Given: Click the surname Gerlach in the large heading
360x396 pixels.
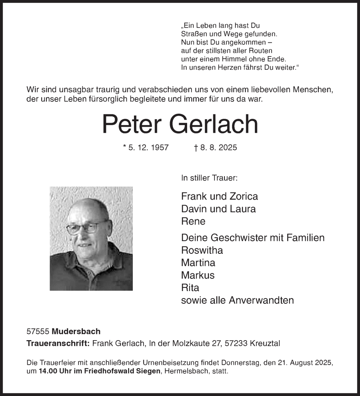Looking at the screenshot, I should coord(214,124).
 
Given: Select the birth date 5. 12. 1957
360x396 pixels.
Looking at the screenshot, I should coord(148,148).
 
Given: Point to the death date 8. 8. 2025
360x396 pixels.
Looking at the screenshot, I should coord(218,148).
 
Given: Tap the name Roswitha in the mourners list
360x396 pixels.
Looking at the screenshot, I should coord(202,250).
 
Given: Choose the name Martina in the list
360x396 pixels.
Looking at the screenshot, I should coord(198,263).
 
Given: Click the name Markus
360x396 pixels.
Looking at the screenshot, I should coord(197,275).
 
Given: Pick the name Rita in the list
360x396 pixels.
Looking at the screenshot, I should coord(190,287).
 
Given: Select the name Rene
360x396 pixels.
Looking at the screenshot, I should coord(193,221).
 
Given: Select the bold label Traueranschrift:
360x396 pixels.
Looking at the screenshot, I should coord(58,343).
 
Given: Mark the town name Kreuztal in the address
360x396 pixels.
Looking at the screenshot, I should coord(265,343).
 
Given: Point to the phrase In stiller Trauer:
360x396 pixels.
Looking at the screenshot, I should coord(209,178).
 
